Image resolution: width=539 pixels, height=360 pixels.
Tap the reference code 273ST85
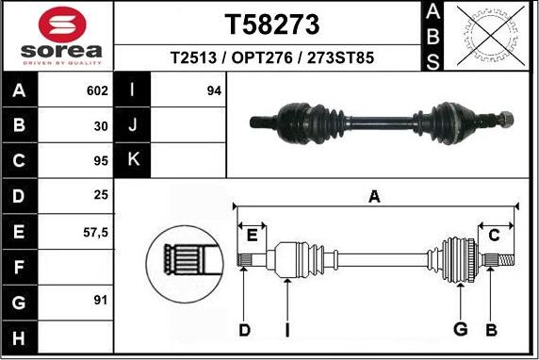coord(342,57)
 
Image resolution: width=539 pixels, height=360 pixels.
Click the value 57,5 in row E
coord(96,231)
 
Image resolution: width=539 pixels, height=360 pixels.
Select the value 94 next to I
coord(214,91)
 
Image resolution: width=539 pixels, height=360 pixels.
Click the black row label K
coord(132,160)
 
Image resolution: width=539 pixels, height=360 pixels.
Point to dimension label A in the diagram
coord(374,197)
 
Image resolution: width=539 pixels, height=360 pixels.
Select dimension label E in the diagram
coord(252,235)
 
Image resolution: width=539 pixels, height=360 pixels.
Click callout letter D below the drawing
coord(244,329)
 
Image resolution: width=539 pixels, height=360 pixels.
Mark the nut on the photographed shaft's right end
coord(506,119)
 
